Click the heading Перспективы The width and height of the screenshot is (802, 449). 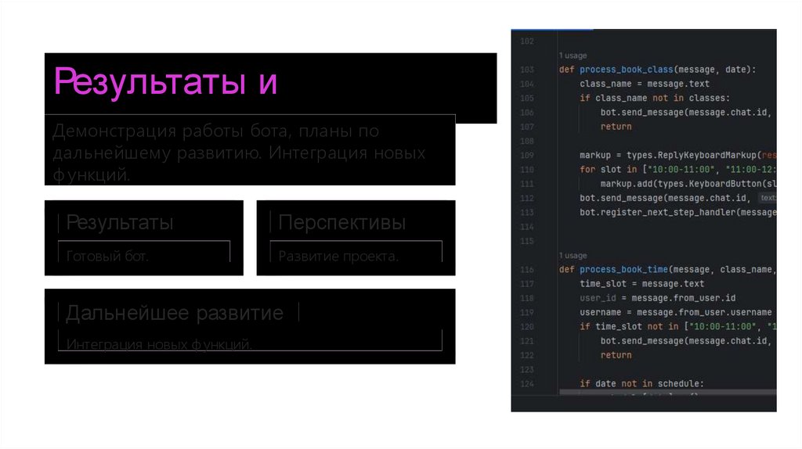point(342,223)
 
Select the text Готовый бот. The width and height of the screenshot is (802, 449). point(107,256)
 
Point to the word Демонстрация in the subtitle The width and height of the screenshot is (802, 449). point(109,131)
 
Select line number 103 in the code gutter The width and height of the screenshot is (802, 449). point(526,70)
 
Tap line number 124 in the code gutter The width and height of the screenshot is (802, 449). point(526,383)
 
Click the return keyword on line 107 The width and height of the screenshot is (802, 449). point(616,127)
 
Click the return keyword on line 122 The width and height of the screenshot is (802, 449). point(616,355)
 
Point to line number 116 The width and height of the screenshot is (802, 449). point(526,270)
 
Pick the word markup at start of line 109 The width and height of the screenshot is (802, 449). point(595,155)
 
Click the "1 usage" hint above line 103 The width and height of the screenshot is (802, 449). point(573,56)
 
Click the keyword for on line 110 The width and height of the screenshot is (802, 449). point(587,169)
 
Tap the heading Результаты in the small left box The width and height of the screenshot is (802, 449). point(120,223)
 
